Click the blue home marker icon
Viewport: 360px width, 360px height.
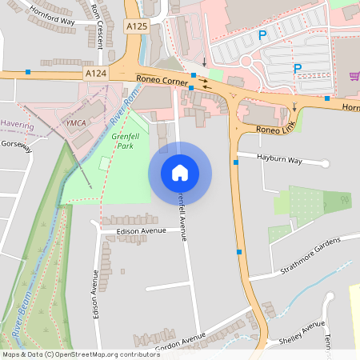180,173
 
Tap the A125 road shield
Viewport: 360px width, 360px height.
137,26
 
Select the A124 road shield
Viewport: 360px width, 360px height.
96,73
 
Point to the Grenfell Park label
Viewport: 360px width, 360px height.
125,141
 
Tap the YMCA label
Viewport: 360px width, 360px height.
76,122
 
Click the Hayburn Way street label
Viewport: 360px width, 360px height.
279,160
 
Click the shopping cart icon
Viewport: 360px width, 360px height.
354,77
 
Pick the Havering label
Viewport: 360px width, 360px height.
17,125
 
